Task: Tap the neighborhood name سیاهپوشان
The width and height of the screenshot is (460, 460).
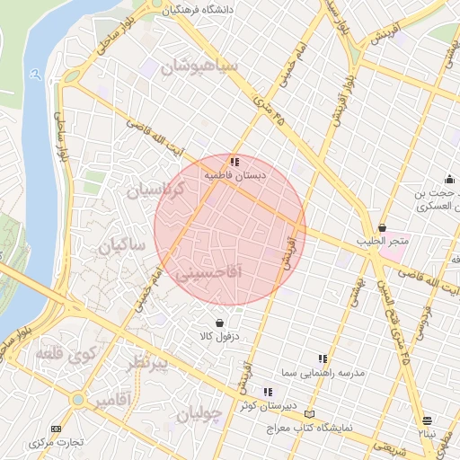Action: point(199,66)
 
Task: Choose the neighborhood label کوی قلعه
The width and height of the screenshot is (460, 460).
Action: point(62,354)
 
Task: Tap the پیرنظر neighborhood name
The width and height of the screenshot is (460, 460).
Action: point(145,363)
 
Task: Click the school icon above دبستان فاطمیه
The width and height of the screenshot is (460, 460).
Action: point(234,163)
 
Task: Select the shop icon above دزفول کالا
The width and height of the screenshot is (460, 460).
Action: point(219,323)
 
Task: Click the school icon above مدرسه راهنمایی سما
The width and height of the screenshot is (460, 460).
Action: point(323,358)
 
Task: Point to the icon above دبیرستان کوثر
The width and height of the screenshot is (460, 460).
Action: point(268,391)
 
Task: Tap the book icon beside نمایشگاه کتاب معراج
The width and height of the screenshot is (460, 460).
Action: point(311,414)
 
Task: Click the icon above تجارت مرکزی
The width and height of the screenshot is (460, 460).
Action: point(57,429)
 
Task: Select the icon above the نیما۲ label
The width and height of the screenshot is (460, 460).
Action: point(427,420)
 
